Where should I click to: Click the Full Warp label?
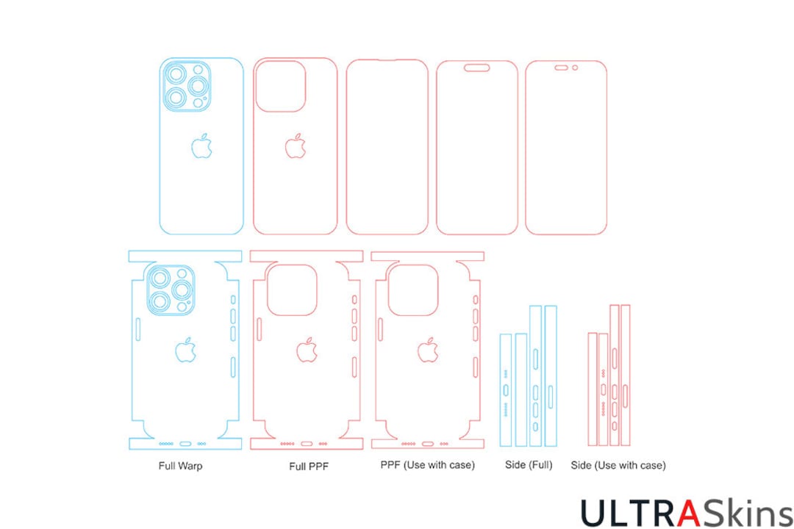(x=180, y=465)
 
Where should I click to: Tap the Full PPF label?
(x=307, y=465)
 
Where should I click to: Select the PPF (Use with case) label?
(x=427, y=465)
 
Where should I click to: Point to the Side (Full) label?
(x=529, y=465)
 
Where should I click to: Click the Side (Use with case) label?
(x=618, y=465)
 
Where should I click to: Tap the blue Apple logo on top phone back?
(x=202, y=146)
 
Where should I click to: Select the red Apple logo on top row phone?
(x=296, y=146)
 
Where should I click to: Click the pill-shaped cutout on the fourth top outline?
(x=477, y=68)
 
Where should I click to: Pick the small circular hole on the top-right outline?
(x=575, y=68)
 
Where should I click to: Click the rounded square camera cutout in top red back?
(x=280, y=86)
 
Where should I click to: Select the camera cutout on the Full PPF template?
(x=292, y=290)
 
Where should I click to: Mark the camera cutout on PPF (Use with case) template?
(x=412, y=290)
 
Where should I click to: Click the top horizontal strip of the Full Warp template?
(x=185, y=256)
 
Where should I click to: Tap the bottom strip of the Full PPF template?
(x=307, y=444)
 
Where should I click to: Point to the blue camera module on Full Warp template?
(x=170, y=291)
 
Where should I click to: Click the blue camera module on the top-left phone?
(x=186, y=87)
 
